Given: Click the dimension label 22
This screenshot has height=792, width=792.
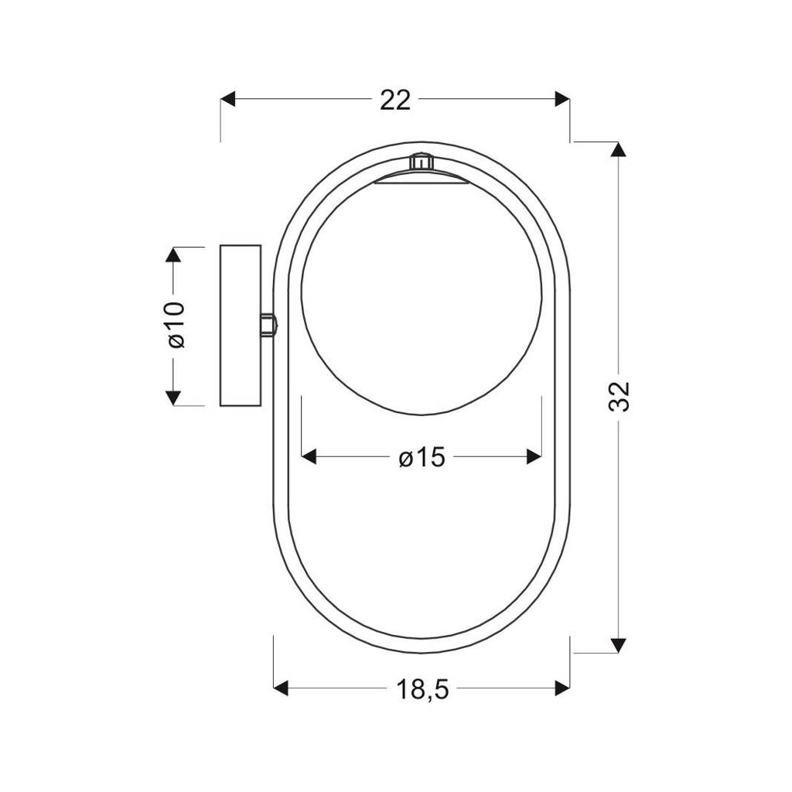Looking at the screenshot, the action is [395, 100].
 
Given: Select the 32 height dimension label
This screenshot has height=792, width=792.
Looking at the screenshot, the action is [620, 397].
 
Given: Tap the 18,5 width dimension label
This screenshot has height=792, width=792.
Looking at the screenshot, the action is [422, 689].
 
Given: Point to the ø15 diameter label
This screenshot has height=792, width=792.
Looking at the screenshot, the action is [422, 458].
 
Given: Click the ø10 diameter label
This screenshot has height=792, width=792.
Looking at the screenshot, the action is [176, 325].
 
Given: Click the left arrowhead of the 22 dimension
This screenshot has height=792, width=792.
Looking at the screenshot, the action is [228, 99].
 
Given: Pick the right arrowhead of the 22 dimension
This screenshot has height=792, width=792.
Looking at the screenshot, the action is [562, 99].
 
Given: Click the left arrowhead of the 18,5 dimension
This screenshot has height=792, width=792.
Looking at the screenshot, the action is [281, 688].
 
